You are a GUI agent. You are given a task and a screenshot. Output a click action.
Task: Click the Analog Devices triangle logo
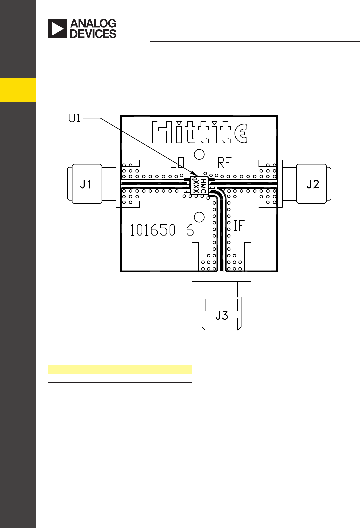pyautogui.click(x=57, y=29)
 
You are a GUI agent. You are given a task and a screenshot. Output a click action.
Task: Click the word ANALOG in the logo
pyautogui.click(x=93, y=23)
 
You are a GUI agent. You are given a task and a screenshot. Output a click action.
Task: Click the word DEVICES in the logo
pyautogui.click(x=93, y=34)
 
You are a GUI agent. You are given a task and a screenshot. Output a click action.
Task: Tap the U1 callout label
pyautogui.click(x=74, y=118)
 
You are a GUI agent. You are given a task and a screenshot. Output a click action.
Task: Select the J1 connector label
pyautogui.click(x=86, y=184)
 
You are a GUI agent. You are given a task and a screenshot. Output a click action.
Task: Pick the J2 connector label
pyautogui.click(x=313, y=184)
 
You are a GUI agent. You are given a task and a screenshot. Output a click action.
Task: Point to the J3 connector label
pyautogui.click(x=222, y=316)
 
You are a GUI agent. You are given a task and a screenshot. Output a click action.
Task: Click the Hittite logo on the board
pyautogui.click(x=199, y=132)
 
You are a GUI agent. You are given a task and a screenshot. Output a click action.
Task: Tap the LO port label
pyautogui.click(x=177, y=163)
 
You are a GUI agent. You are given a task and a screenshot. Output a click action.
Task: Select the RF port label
pyautogui.click(x=224, y=163)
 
